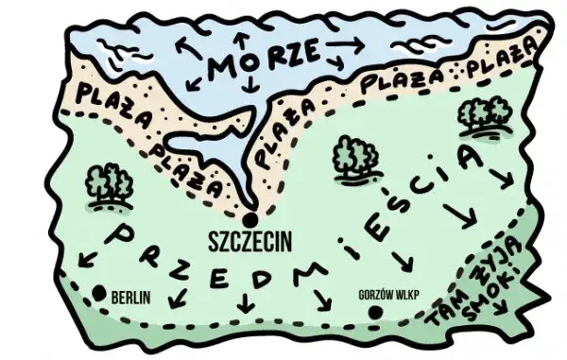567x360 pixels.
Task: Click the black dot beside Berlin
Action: tap(99, 292)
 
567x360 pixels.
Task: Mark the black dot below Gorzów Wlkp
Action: tap(376, 312)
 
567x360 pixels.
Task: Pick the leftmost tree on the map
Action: tap(108, 187)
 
